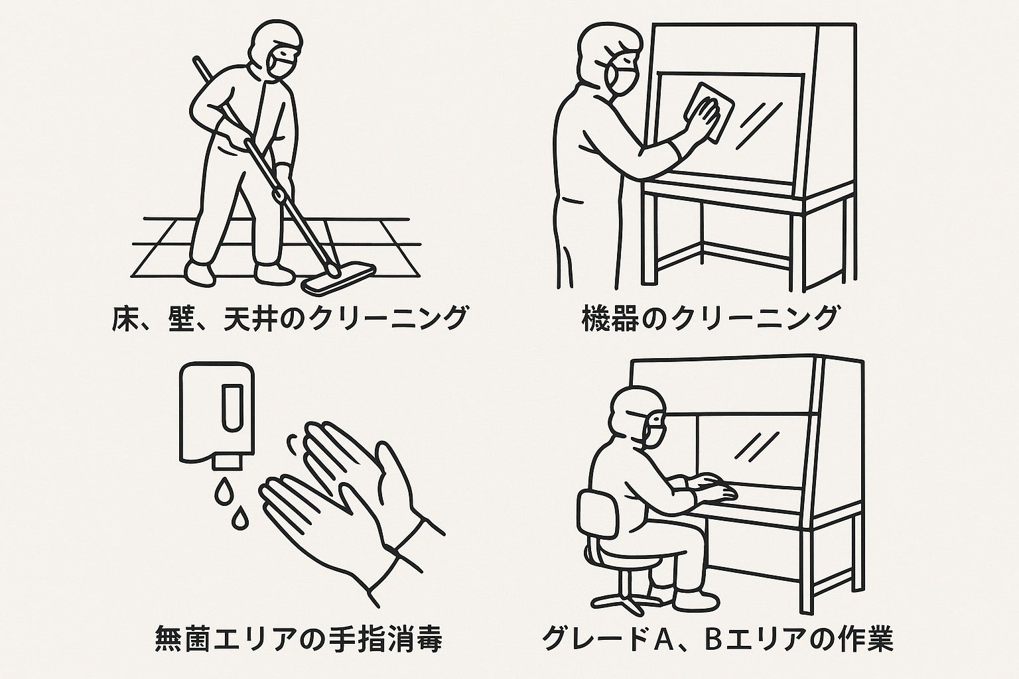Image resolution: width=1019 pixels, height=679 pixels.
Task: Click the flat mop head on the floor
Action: pyautogui.click(x=340, y=278)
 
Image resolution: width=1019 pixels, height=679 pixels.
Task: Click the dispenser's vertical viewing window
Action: pyautogui.click(x=232, y=408)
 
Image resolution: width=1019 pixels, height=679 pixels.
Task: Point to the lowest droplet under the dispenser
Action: pyautogui.click(x=237, y=519)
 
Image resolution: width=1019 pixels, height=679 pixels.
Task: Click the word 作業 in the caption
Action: pyautogui.click(x=863, y=639)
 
